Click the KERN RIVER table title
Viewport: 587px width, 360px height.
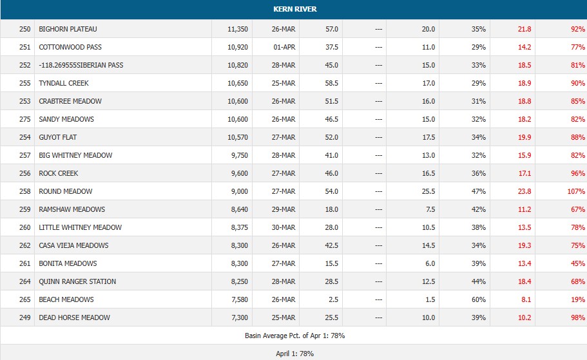point(293,9)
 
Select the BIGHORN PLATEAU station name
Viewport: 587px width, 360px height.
point(68,29)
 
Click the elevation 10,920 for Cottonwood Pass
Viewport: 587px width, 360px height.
point(238,47)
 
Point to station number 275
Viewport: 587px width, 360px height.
point(25,119)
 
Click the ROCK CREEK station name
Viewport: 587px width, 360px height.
point(59,173)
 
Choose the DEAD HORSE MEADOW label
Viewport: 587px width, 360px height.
point(74,317)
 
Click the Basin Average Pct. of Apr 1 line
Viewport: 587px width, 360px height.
point(293,336)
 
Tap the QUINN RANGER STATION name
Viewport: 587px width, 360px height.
point(77,281)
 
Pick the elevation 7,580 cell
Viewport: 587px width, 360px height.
point(240,299)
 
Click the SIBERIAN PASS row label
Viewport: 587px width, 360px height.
point(81,65)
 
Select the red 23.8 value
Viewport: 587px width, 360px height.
point(524,191)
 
